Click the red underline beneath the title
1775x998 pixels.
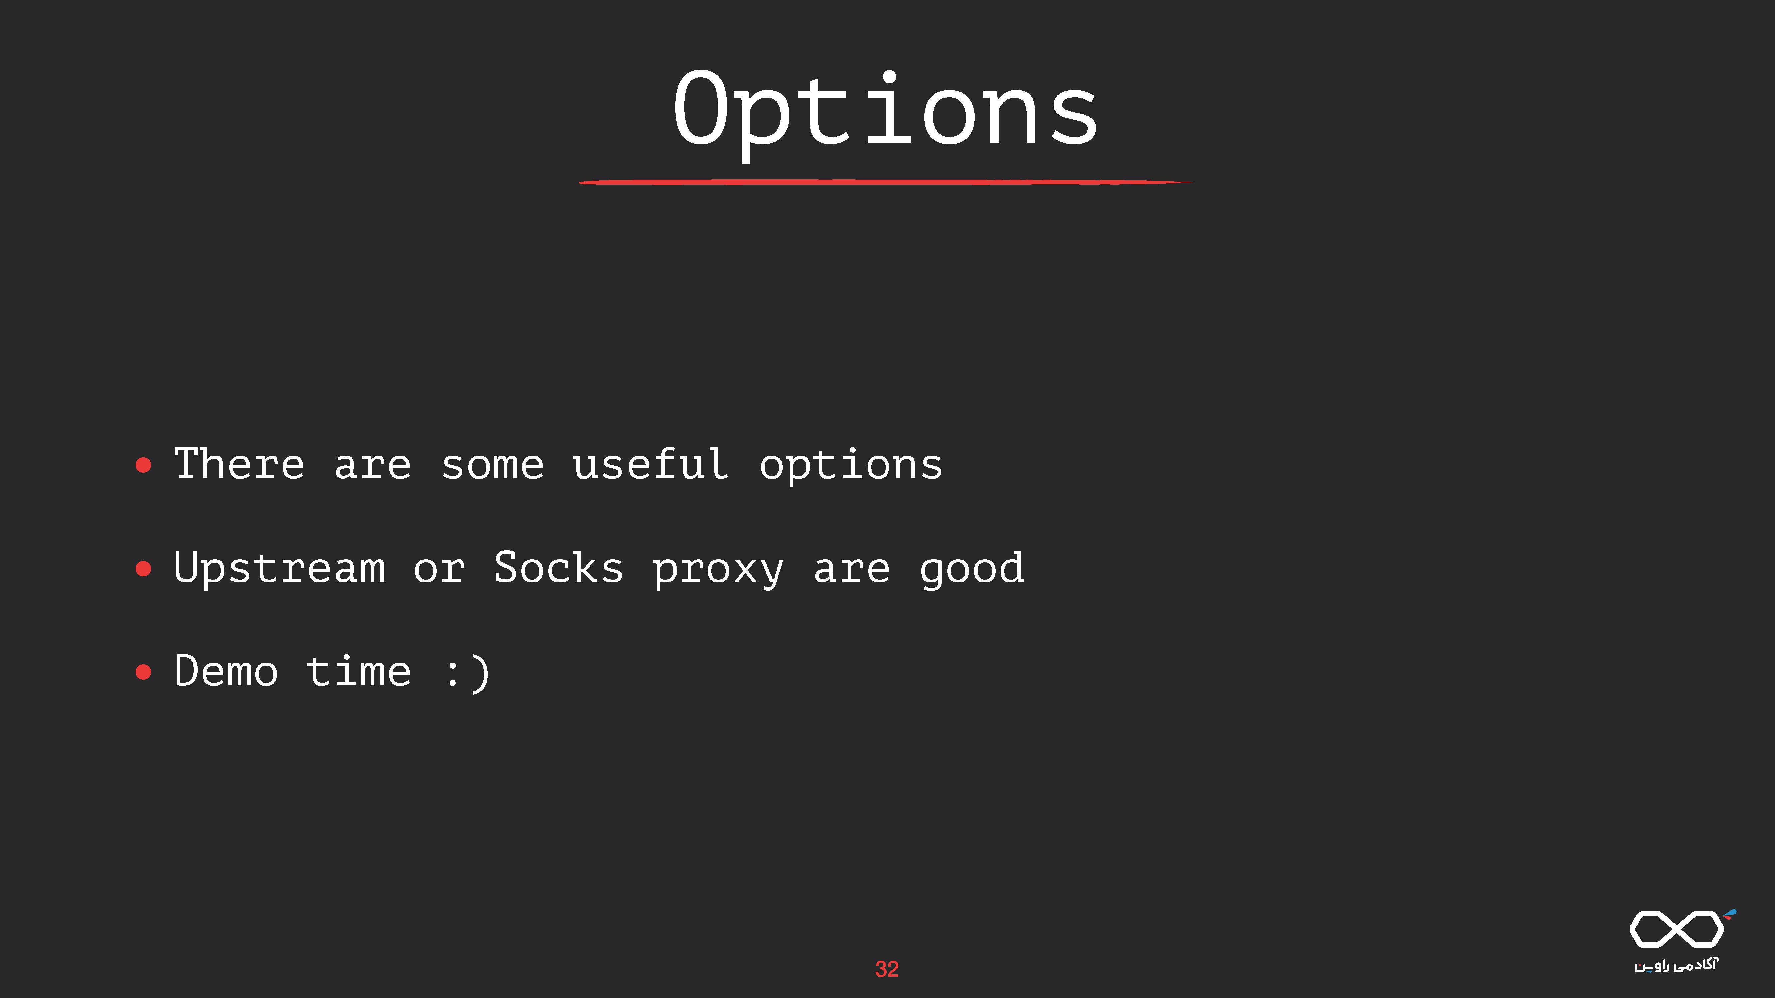[x=886, y=182]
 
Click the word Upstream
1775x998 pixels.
[x=279, y=569]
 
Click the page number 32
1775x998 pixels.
[x=887, y=969]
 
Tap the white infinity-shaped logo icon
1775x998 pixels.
[x=1676, y=928]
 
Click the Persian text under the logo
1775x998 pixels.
[x=1676, y=965]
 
